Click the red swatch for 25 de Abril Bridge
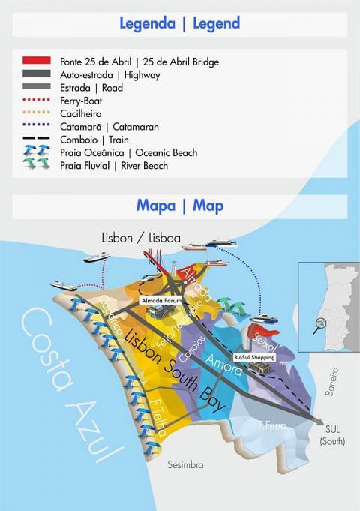(x=37, y=61)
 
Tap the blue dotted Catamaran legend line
(x=37, y=127)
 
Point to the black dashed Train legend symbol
(x=37, y=140)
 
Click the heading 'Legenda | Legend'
(x=180, y=23)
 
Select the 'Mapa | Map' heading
(x=180, y=206)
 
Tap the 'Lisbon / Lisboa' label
(x=141, y=238)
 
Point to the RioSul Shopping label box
(x=254, y=358)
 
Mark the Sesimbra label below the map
(x=185, y=465)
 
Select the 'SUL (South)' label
(x=332, y=435)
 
